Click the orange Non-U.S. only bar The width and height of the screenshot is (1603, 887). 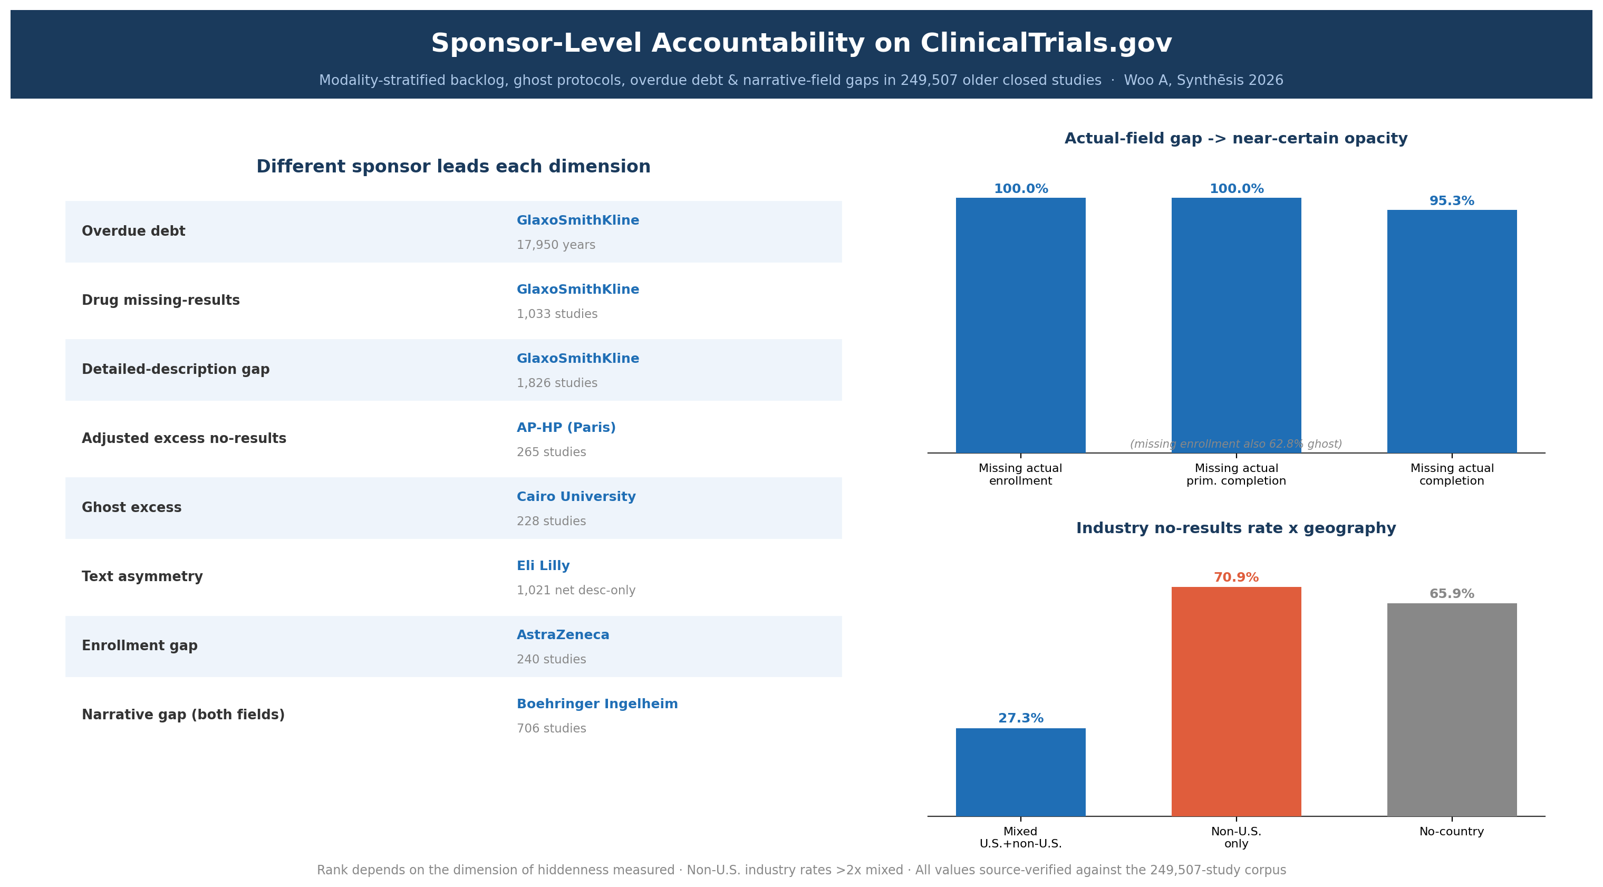point(1236,701)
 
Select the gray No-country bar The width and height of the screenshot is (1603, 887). point(1452,710)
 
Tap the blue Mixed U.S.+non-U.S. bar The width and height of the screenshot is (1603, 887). point(1020,772)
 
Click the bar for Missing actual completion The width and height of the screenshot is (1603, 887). point(1452,331)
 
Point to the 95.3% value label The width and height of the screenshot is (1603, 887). point(1452,201)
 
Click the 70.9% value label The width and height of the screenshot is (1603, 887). point(1236,577)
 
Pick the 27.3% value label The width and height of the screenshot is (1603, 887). point(1020,718)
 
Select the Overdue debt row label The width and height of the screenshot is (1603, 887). point(133,232)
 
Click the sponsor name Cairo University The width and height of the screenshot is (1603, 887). point(576,497)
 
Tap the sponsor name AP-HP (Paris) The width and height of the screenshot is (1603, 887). point(566,428)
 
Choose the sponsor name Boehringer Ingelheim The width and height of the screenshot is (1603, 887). point(597,704)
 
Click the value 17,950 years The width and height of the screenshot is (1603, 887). point(556,245)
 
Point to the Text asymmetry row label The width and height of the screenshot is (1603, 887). point(142,577)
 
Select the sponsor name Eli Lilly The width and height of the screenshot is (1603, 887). point(543,566)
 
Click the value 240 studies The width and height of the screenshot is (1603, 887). point(552,659)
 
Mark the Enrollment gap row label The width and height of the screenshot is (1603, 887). point(139,646)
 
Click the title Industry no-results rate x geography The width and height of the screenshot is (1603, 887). point(1236,528)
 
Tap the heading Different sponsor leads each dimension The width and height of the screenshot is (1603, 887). point(453,167)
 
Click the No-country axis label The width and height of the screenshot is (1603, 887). point(1452,832)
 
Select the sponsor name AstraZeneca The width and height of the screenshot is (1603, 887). point(563,635)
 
